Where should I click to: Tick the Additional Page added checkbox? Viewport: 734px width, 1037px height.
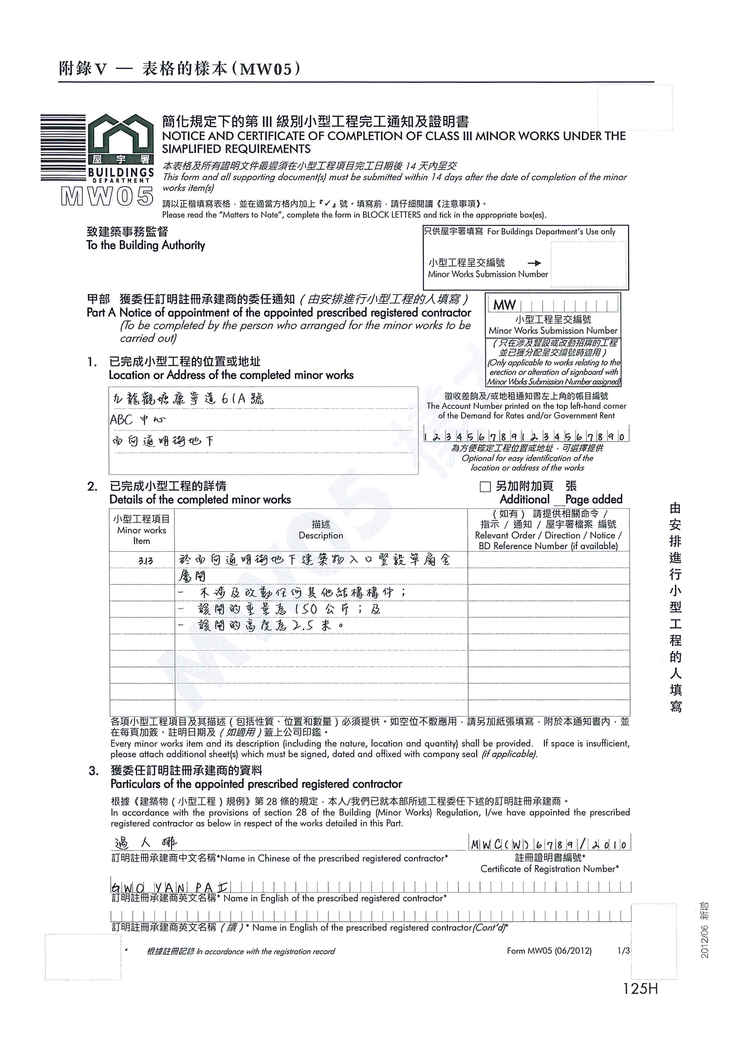485,486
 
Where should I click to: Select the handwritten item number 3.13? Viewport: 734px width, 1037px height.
146,561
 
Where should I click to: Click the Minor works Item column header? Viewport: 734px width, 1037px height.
141,530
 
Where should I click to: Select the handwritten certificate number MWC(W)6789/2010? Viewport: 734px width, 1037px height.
549,844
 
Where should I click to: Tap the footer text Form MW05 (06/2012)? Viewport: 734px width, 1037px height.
549,951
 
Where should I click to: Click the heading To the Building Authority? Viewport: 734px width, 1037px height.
146,245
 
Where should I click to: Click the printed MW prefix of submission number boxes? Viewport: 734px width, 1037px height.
504,305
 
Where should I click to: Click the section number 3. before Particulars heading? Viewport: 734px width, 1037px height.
94,771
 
